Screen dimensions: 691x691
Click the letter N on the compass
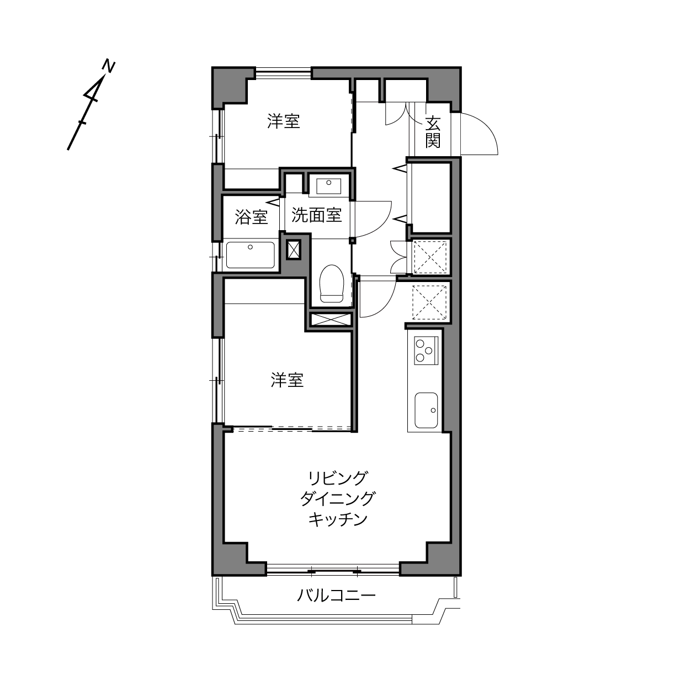pos(109,67)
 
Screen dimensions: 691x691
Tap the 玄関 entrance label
pos(433,132)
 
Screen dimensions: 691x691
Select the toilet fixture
pos(331,283)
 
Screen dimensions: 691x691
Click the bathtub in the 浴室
pos(251,255)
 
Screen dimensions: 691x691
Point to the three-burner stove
pos(426,350)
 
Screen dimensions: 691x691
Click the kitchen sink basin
pos(426,410)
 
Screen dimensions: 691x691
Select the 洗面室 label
pos(316,215)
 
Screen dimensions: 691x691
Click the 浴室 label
pos(251,216)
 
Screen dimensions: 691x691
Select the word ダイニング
pos(337,498)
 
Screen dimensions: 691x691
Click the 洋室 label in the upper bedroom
pos(284,121)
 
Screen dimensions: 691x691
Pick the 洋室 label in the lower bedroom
pos(287,380)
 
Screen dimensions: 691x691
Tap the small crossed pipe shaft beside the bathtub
pos(294,249)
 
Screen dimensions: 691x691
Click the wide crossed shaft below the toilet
pos(330,319)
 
